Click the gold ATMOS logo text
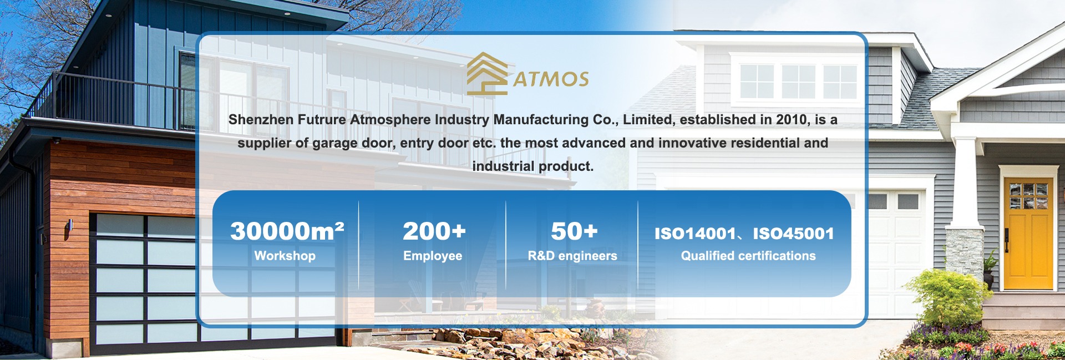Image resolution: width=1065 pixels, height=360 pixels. [x=551, y=79]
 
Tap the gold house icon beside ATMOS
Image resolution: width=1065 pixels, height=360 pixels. [x=487, y=74]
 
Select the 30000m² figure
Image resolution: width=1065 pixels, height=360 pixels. [x=287, y=231]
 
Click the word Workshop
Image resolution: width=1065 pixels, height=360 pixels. [x=285, y=256]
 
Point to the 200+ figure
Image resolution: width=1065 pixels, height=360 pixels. [x=434, y=231]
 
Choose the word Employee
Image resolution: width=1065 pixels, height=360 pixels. [x=433, y=256]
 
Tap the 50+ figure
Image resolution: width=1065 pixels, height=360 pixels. [x=574, y=231]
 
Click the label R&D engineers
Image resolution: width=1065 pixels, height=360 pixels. [x=572, y=256]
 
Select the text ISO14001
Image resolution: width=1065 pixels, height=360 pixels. [x=695, y=234]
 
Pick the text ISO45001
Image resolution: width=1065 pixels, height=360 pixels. [x=793, y=234]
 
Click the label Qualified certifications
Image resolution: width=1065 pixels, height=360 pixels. [x=748, y=256]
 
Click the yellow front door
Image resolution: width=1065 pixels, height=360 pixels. [x=1028, y=233]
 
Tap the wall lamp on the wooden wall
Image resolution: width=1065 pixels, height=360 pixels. [x=70, y=227]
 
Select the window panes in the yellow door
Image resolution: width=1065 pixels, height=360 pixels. [x=1029, y=195]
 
